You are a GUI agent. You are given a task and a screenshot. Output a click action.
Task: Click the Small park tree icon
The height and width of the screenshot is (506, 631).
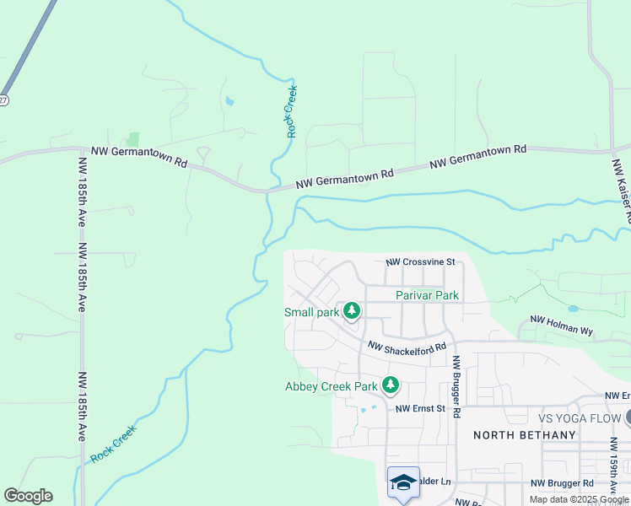tap(352, 311)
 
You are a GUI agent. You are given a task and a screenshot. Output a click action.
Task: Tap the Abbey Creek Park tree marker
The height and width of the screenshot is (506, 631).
tap(390, 385)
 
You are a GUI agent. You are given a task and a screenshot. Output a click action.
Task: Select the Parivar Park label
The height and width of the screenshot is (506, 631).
tap(428, 295)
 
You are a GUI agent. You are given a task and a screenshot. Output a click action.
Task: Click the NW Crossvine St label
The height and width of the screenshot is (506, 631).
tap(420, 262)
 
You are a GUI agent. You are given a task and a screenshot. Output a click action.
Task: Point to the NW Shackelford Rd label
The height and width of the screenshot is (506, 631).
tap(406, 347)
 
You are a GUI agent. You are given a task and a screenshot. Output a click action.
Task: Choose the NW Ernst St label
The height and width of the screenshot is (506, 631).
tap(420, 409)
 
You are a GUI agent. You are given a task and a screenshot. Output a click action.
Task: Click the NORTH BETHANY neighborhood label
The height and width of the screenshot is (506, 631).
tap(524, 435)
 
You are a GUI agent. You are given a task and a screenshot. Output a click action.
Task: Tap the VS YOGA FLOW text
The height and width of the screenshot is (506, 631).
tap(579, 418)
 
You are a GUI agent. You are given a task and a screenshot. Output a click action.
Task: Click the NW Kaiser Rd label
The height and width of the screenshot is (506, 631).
tap(621, 191)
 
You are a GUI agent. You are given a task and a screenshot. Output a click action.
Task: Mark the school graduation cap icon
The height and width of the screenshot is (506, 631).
tap(403, 482)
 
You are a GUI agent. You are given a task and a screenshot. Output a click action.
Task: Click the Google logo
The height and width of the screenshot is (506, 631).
tap(28, 496)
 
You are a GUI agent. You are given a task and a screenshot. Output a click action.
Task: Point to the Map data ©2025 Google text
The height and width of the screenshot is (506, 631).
tap(579, 499)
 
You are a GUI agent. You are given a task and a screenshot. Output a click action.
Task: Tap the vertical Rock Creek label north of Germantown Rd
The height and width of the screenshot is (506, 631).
tap(291, 111)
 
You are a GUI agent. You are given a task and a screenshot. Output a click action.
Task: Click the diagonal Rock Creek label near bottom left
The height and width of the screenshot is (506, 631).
tap(113, 443)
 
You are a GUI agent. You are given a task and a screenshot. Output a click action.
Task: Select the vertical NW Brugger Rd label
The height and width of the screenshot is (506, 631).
tap(456, 385)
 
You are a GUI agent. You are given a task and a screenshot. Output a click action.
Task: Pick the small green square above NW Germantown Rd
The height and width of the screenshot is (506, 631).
tap(132, 138)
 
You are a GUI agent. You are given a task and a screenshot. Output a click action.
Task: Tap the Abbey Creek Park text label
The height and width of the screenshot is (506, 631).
tap(331, 387)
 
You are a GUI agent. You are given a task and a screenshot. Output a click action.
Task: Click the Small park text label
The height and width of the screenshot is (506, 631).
tap(310, 312)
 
